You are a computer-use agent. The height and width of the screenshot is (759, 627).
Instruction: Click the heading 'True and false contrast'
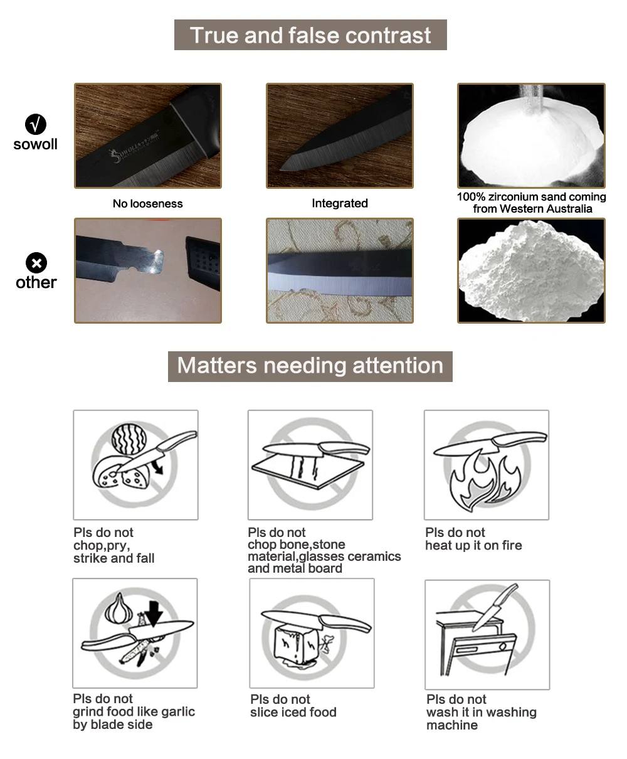[x=310, y=35]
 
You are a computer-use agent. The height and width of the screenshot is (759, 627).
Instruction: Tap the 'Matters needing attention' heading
[x=310, y=365]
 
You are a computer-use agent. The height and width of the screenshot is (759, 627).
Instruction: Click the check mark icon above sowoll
[x=36, y=124]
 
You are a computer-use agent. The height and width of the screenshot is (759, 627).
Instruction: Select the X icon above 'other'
[x=36, y=262]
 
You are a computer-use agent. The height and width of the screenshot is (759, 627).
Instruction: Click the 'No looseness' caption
[x=147, y=204]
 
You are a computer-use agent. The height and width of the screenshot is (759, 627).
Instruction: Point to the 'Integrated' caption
[x=340, y=203]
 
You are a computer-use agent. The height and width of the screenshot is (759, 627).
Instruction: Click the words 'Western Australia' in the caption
[x=546, y=209]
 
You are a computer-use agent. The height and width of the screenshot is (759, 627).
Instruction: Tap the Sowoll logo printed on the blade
[x=133, y=149]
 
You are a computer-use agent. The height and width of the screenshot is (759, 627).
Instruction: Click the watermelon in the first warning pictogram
[x=129, y=439]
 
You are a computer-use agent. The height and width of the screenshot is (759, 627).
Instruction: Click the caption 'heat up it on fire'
[x=473, y=546]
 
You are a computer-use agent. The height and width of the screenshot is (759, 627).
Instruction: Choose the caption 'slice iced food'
[x=293, y=712]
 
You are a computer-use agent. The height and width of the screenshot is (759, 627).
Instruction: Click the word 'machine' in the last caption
[x=452, y=725]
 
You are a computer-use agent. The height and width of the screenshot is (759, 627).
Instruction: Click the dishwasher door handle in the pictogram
[x=466, y=649]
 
